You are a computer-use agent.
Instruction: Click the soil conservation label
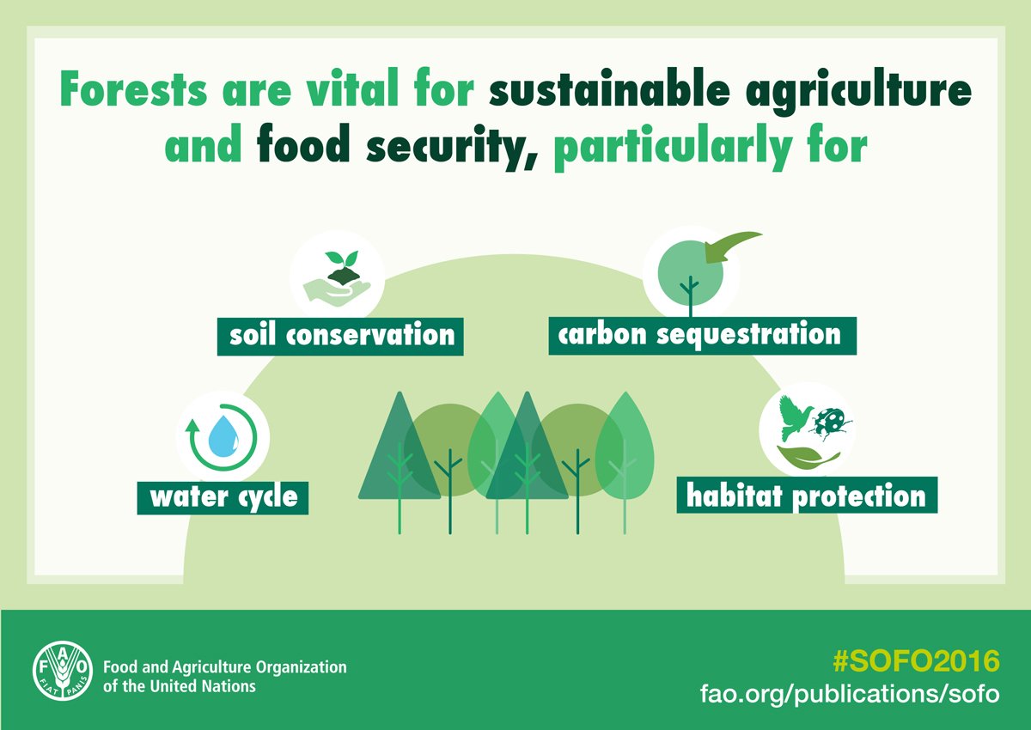point(341,334)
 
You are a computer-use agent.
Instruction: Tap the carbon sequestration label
point(701,334)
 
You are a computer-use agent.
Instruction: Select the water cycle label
point(223,496)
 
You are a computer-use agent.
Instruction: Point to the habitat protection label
point(806,496)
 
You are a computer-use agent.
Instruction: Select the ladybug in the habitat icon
point(832,421)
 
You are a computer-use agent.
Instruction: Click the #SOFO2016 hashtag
point(917,661)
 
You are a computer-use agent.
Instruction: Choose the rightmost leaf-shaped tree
point(625,447)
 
